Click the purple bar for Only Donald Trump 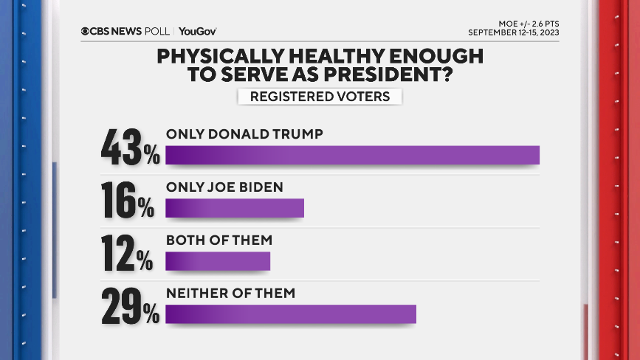click(x=352, y=155)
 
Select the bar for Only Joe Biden click(x=235, y=209)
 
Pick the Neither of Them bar click(x=291, y=314)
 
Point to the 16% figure click(x=128, y=200)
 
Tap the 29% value click(x=131, y=305)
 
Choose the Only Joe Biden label click(x=224, y=187)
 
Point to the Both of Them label click(x=219, y=240)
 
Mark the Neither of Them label click(x=230, y=293)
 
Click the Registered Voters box click(x=320, y=97)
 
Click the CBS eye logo click(x=85, y=31)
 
